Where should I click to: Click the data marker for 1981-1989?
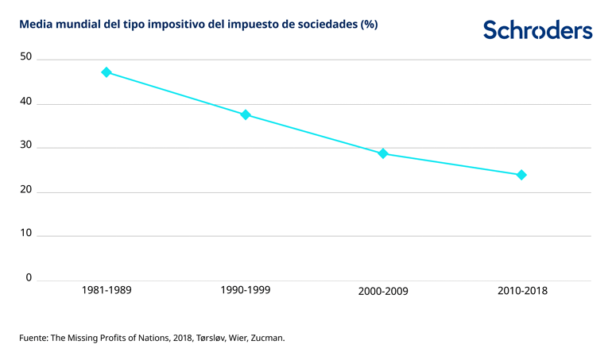coord(107,72)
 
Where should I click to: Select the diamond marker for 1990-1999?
coord(246,114)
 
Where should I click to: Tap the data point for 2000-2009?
coord(383,153)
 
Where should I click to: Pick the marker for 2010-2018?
coord(522,175)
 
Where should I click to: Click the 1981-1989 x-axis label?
coord(107,290)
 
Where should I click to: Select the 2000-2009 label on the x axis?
coord(383,291)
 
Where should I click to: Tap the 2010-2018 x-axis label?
coord(522,291)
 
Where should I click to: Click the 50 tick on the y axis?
coord(26,57)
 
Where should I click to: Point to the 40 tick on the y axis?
coord(26,102)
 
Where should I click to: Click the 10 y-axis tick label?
coord(26,234)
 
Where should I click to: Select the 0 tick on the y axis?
coord(29,277)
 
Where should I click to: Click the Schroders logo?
coord(537,30)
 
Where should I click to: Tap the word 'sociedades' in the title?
coord(327,25)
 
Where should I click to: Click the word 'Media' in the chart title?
coord(35,25)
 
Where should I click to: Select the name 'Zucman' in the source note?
coord(264,338)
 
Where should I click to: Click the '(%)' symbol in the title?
coord(369,25)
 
